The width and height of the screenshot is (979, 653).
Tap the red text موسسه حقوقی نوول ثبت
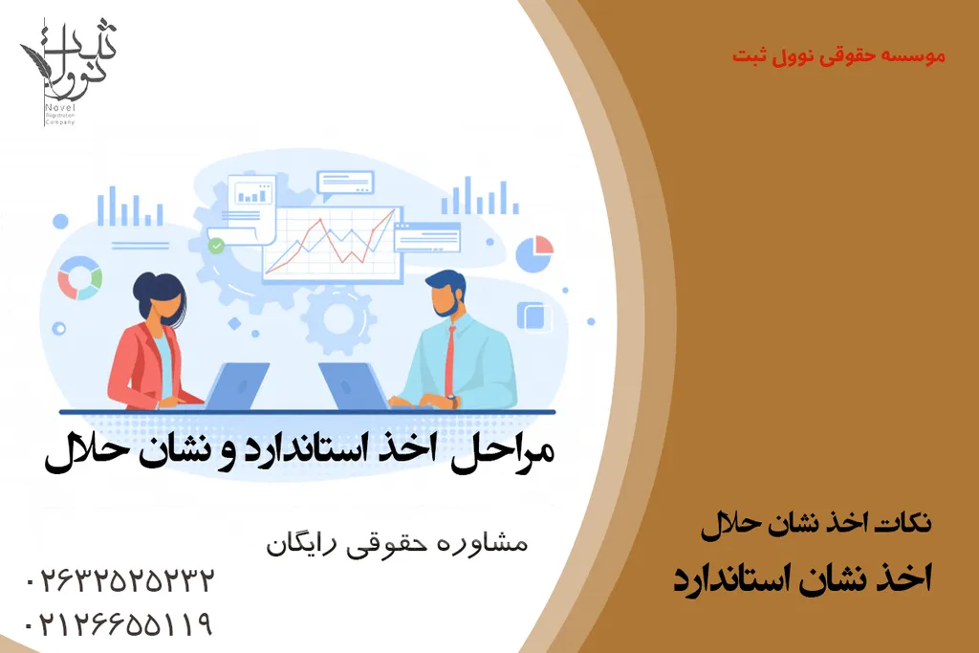(x=838, y=56)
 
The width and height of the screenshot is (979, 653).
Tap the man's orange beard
(x=446, y=306)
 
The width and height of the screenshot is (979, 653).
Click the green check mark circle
(x=217, y=246)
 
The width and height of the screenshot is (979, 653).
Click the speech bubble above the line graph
(x=345, y=183)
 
